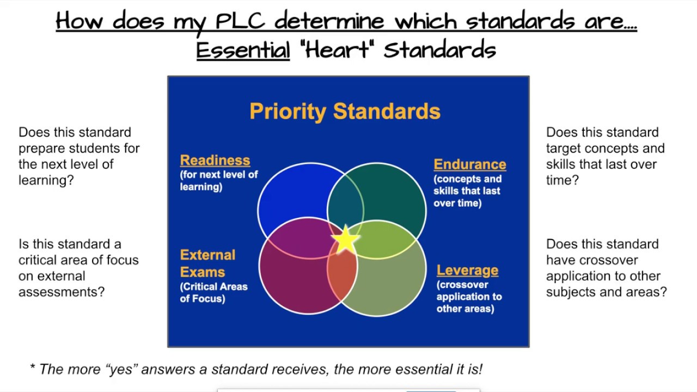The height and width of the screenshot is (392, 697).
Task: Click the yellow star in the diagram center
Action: pyautogui.click(x=345, y=240)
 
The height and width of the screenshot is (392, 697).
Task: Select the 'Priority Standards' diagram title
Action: pyautogui.click(x=345, y=111)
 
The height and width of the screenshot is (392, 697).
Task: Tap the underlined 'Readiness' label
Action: pyautogui.click(x=215, y=160)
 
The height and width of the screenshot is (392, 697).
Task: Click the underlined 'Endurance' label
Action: pyautogui.click(x=470, y=164)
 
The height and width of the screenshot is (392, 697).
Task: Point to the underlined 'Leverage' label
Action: pyautogui.click(x=467, y=270)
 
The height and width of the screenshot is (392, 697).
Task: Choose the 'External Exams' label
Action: pyautogui.click(x=207, y=264)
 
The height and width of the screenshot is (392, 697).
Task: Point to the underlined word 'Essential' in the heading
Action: pyautogui.click(x=243, y=50)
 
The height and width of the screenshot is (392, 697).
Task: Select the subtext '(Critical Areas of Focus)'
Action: pyautogui.click(x=213, y=292)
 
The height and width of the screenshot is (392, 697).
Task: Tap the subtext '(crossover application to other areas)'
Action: pyautogui.click(x=469, y=297)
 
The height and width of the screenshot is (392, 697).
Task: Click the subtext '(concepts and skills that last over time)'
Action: pyautogui.click(x=467, y=191)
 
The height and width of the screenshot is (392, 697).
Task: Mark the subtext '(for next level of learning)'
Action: pyautogui.click(x=219, y=181)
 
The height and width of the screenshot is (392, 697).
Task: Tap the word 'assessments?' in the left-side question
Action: pyautogui.click(x=62, y=292)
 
